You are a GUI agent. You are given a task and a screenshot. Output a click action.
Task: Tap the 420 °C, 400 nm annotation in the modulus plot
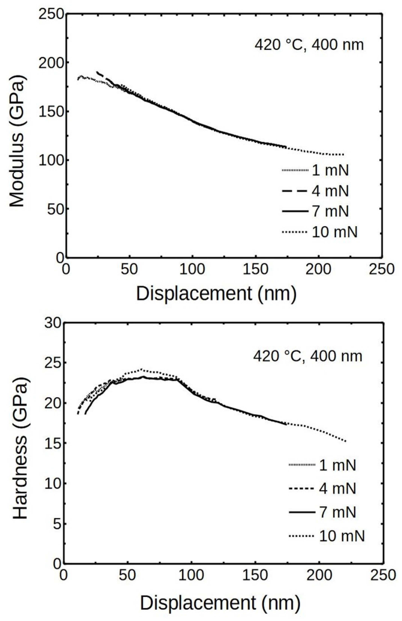[x=309, y=45]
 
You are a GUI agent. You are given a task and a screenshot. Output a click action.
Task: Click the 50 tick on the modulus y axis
[x=55, y=209]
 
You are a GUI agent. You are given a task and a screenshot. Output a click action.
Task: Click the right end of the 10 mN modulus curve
[x=343, y=155]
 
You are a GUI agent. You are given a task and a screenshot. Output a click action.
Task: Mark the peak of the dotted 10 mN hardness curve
[x=141, y=369]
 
